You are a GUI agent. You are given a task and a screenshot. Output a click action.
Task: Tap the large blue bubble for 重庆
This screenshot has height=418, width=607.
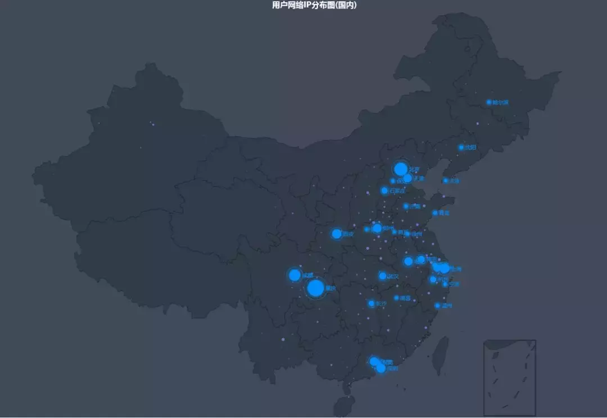click(315, 288)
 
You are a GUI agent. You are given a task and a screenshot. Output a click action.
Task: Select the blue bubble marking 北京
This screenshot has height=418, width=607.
click(401, 169)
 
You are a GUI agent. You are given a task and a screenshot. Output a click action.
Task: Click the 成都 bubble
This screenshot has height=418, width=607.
click(295, 275)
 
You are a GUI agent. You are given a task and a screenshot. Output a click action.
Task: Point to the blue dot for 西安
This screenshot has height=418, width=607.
click(336, 234)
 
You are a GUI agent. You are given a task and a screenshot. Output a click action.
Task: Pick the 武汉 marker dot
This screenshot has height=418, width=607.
click(383, 276)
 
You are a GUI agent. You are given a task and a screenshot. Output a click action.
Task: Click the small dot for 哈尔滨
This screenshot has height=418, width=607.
click(488, 102)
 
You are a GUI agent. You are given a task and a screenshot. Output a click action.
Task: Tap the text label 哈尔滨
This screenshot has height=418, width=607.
click(500, 103)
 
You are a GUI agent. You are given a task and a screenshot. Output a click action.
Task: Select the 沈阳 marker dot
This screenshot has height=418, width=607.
click(460, 147)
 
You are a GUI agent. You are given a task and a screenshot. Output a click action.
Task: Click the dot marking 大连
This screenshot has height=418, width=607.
click(445, 180)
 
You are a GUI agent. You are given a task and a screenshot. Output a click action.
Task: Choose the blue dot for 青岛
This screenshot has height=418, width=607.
click(434, 213)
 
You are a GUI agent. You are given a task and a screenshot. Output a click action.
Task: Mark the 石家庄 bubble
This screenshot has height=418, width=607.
click(384, 190)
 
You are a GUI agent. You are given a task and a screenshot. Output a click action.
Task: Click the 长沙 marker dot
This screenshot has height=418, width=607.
click(372, 303)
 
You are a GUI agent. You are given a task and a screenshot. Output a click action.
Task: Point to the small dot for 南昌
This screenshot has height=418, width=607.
click(396, 298)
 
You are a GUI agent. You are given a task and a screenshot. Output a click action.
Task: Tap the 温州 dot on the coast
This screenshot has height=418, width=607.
click(437, 306)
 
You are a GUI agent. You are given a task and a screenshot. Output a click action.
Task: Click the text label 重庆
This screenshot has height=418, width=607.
click(330, 289)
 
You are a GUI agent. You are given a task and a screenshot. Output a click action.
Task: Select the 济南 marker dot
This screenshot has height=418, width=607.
click(405, 206)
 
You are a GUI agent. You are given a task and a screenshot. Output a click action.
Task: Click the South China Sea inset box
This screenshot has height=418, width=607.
click(509, 377)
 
